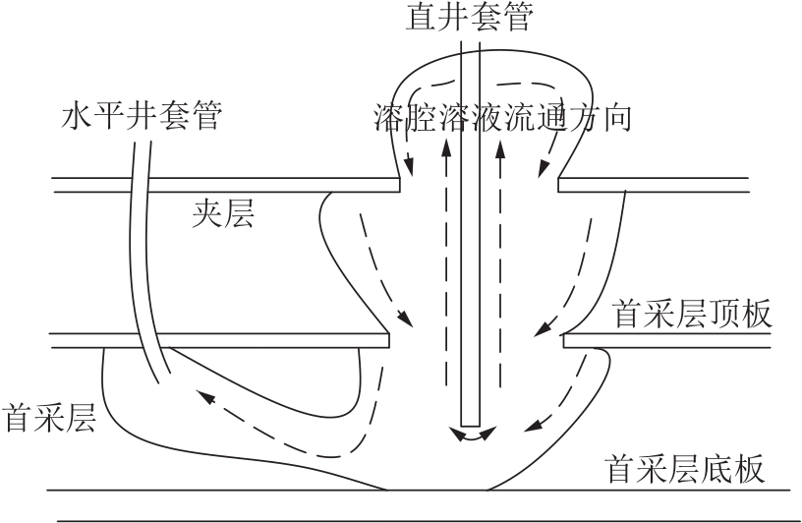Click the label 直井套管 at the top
[469, 16]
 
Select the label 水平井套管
[143, 115]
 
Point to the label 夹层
[223, 213]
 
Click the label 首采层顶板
[692, 314]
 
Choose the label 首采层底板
[685, 468]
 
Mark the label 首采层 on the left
[49, 417]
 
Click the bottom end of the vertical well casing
[470, 426]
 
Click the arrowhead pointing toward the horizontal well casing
[205, 397]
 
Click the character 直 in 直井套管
[421, 16]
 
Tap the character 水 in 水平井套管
[77, 115]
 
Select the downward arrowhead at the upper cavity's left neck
[409, 167]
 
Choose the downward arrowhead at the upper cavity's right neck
[544, 168]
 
